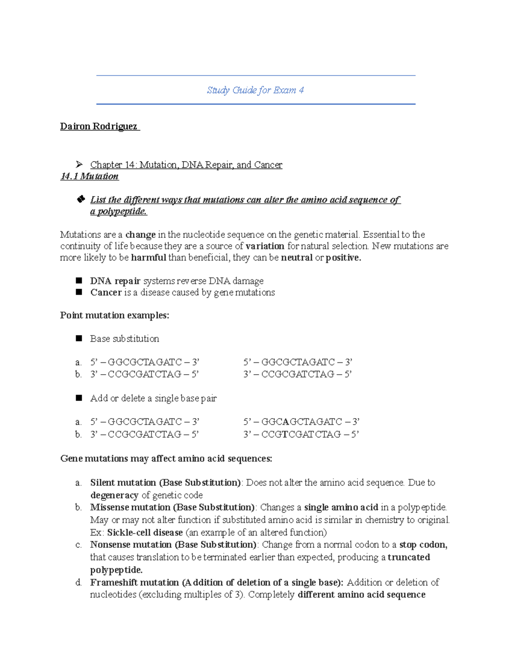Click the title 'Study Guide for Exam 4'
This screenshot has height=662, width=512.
255,90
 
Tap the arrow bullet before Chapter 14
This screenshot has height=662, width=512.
79,165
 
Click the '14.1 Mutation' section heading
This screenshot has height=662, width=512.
89,176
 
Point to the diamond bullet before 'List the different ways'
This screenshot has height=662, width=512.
81,199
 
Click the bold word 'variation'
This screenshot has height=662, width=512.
265,246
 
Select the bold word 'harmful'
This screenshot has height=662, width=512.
148,257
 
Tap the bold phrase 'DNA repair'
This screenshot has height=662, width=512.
115,281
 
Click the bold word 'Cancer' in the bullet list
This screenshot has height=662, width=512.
106,292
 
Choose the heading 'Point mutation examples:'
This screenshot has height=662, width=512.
114,315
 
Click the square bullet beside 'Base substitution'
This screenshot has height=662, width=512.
79,338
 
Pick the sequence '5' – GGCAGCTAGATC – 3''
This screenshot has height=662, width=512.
301,422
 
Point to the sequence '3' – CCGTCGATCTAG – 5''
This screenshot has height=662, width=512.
301,434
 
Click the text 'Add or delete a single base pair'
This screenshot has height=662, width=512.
153,398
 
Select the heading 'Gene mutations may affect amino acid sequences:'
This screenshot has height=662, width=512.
166,459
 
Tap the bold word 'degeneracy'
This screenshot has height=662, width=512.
114,495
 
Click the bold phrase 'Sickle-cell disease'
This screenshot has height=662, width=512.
145,532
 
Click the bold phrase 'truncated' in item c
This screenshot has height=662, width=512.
408,557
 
